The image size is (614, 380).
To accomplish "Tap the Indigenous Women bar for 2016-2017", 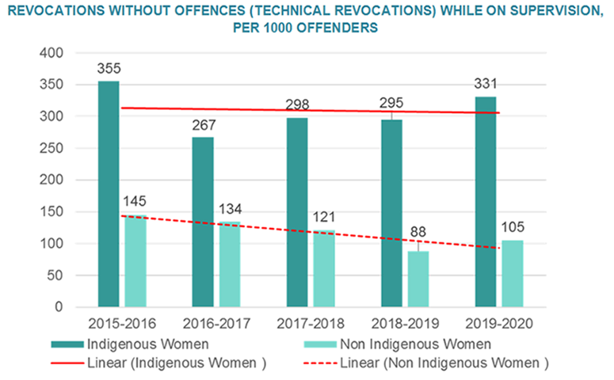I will [x=203, y=222].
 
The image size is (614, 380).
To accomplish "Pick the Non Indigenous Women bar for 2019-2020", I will [x=512, y=273].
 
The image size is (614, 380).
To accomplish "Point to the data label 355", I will [x=109, y=68].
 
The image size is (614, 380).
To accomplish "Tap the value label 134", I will [x=230, y=209].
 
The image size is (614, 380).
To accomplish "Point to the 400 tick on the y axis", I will [x=50, y=53].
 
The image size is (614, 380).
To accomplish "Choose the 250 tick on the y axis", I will [x=50, y=148].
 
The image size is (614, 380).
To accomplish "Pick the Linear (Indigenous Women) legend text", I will [x=189, y=363].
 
